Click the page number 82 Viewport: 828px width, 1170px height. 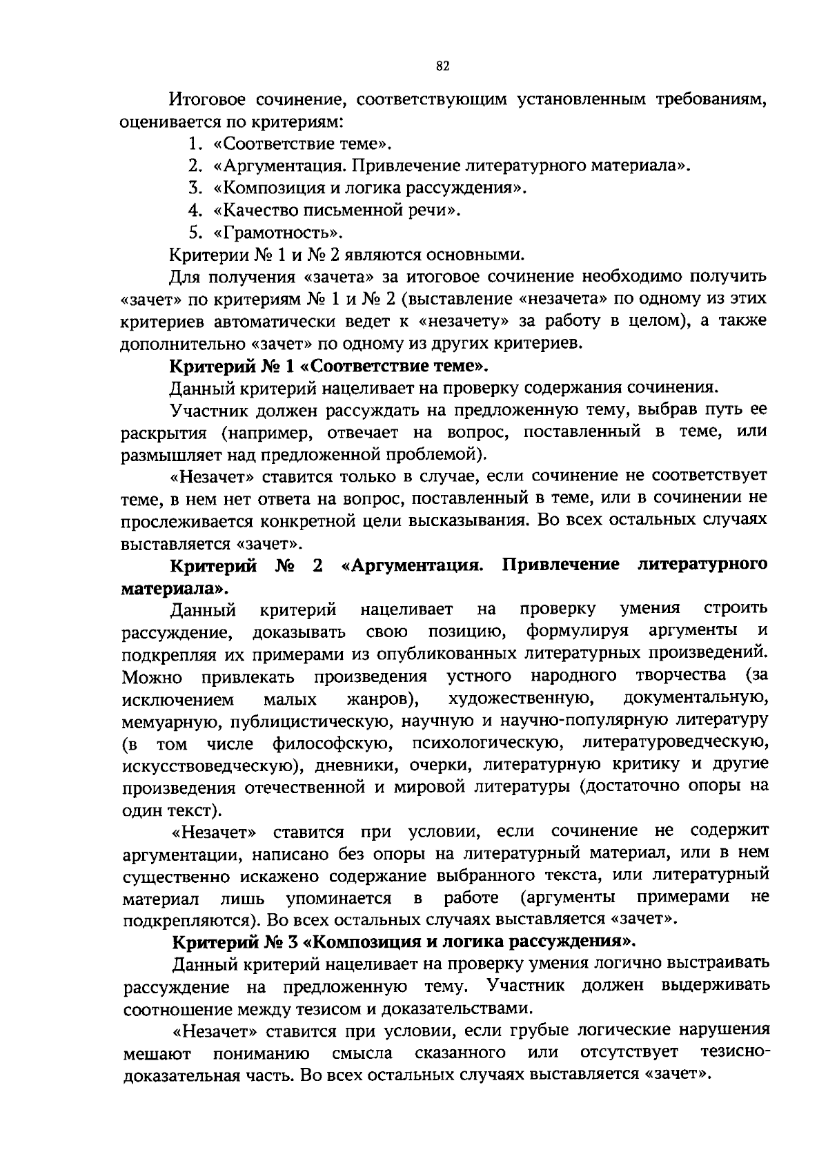[443, 66]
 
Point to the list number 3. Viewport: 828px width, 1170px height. [194, 188]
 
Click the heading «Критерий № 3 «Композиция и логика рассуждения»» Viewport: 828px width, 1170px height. [404, 942]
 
